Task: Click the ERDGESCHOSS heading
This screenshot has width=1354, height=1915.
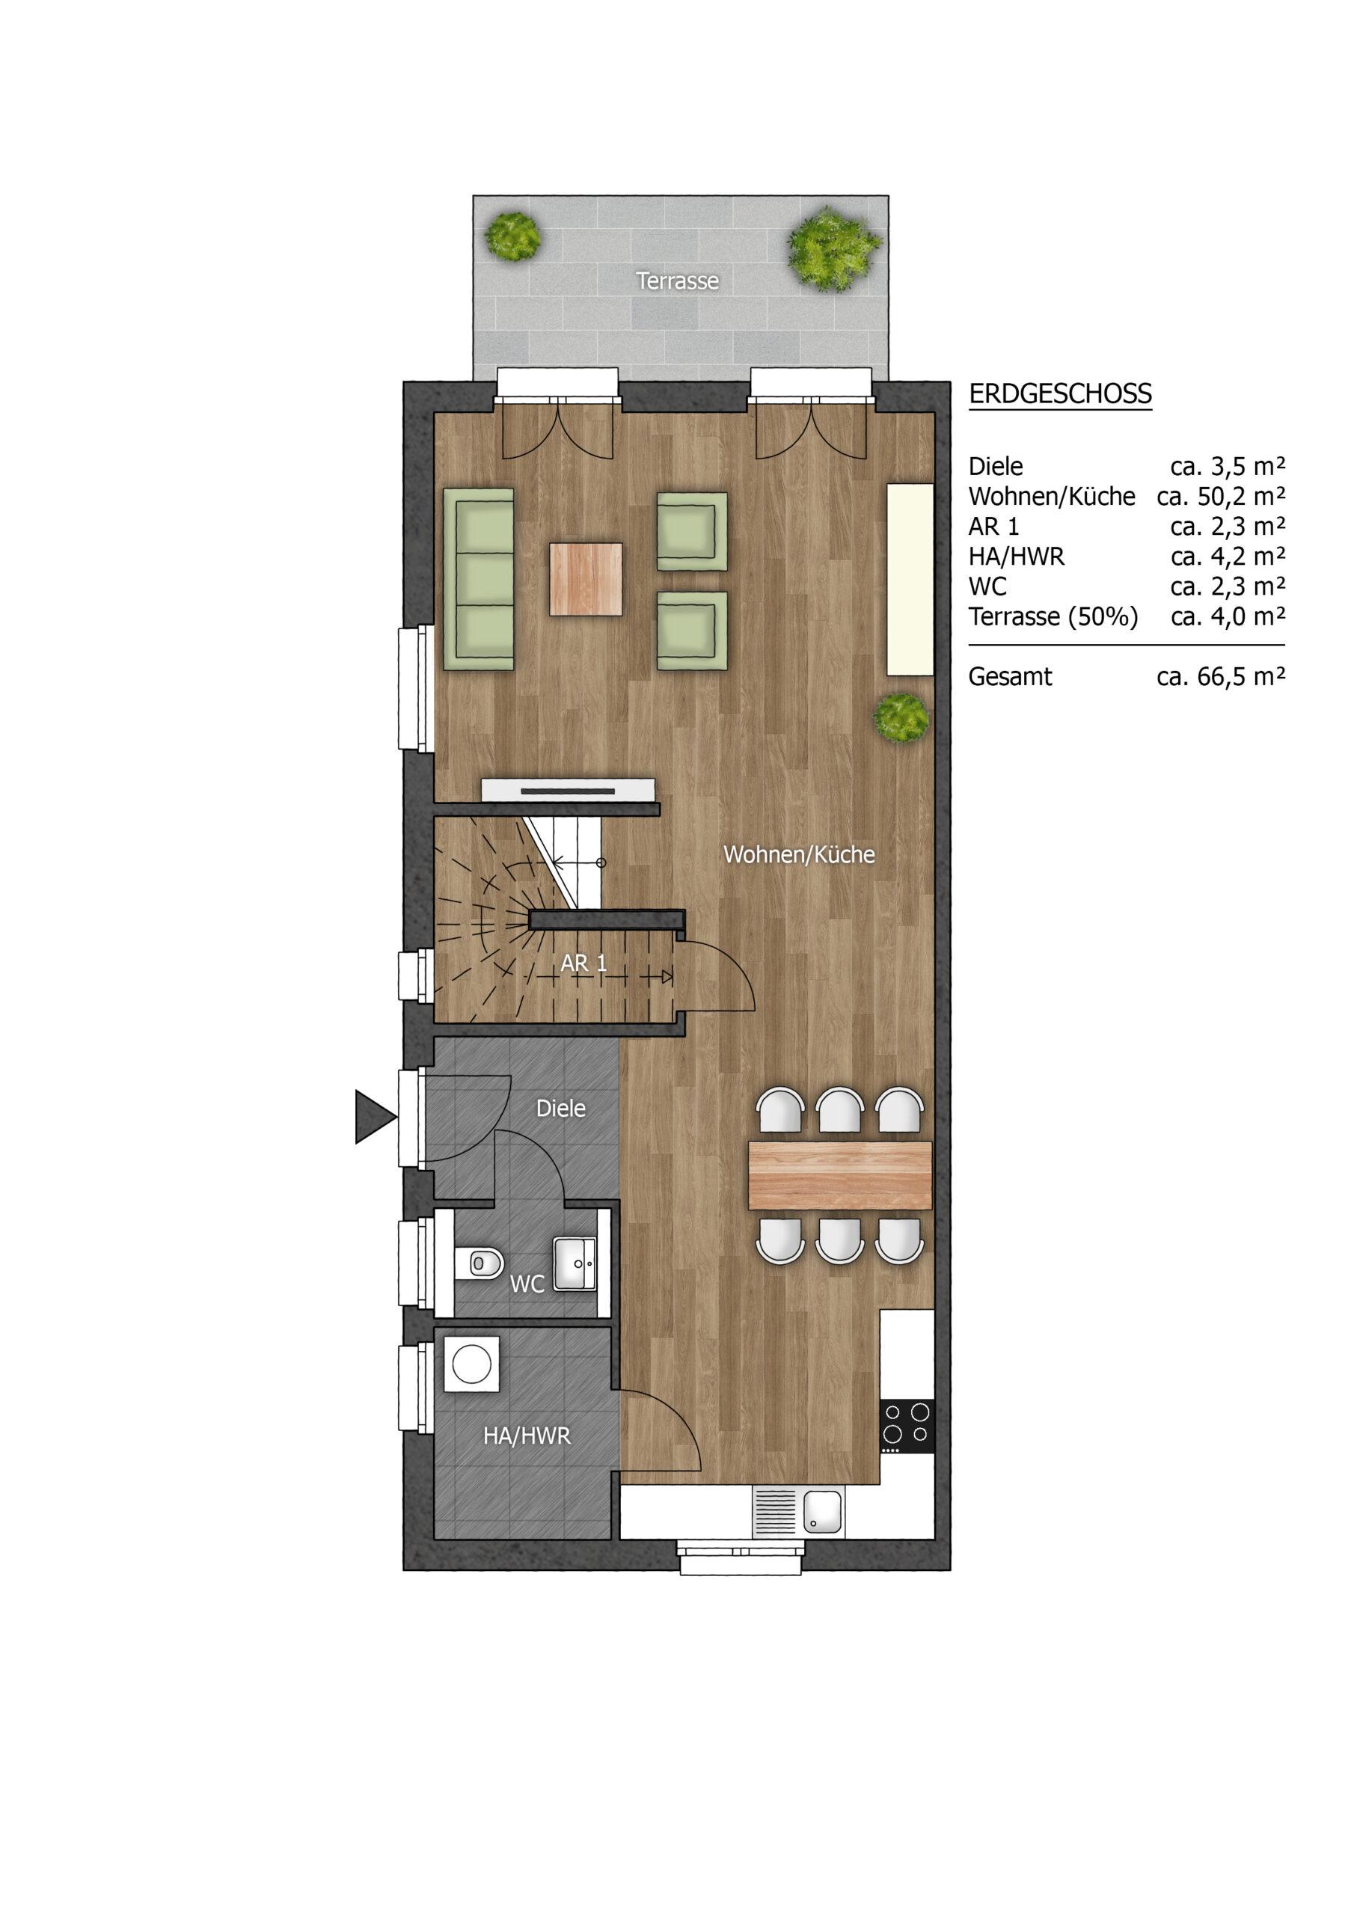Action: tap(1059, 393)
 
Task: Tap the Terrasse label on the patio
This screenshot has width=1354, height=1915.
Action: tap(678, 281)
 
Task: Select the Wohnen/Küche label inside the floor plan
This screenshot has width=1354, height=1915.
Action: tap(799, 854)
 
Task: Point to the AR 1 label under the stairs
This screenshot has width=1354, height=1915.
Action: tap(583, 963)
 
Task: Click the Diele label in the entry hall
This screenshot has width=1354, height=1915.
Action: tap(560, 1109)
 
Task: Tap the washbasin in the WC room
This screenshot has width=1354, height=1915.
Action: tap(576, 1264)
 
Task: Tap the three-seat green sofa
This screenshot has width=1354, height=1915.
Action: tap(478, 579)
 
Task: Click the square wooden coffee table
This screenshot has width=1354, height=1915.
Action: tap(586, 579)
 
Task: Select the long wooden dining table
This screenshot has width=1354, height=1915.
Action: tap(840, 1175)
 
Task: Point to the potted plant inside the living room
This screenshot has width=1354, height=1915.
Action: tap(901, 716)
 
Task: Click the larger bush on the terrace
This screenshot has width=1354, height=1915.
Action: tap(833, 248)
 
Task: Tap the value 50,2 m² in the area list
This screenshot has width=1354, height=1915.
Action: tap(1243, 496)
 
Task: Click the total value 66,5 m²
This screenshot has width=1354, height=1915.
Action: tap(1243, 676)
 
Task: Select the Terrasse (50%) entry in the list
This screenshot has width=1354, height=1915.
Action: tap(1053, 617)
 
